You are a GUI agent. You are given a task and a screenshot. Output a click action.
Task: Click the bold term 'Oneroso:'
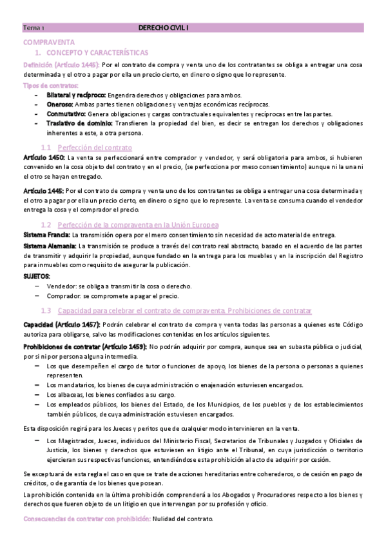[x=60, y=104]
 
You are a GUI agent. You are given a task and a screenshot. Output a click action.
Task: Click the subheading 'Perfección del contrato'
[x=94, y=147]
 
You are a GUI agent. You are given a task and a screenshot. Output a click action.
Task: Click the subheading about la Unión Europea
[x=138, y=224]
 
